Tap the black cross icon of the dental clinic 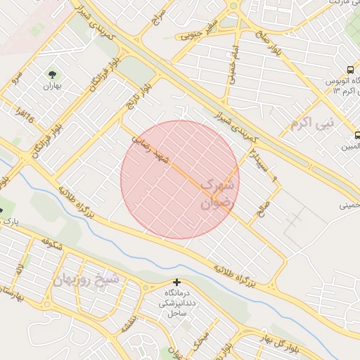(176, 283)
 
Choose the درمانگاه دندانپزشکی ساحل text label (176, 303)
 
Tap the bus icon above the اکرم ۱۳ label (350, 70)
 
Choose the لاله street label (20, 269)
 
